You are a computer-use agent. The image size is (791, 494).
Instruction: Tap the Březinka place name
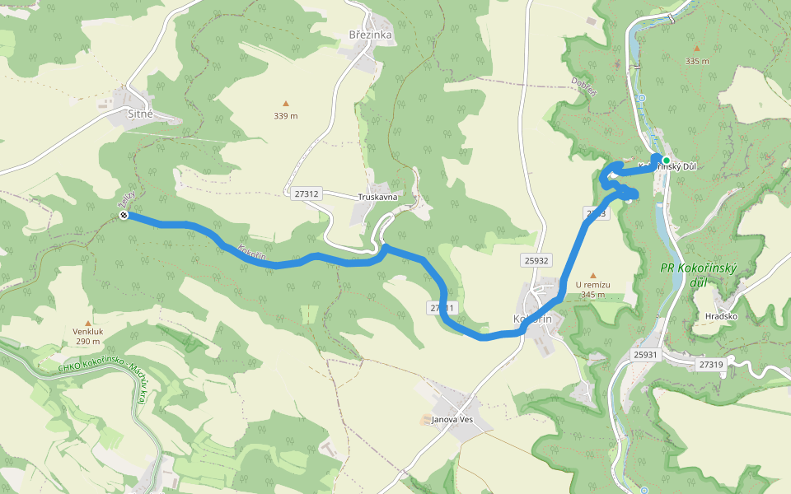point(369,35)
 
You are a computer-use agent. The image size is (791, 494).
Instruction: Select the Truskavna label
point(378,198)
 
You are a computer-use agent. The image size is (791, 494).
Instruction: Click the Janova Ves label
point(452,420)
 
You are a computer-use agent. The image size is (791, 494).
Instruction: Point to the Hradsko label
point(721,316)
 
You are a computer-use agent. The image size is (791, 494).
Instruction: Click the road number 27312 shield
point(305,193)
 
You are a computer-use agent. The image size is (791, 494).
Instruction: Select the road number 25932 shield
point(536,260)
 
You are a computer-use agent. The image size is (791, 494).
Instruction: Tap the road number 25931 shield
point(647,354)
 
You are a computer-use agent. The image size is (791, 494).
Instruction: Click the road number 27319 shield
point(710,363)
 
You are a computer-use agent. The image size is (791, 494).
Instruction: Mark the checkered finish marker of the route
point(124,216)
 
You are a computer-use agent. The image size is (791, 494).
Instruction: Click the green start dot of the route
point(666,161)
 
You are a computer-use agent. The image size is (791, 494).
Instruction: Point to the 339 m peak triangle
point(286,104)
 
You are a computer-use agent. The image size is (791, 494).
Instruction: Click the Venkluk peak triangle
point(88,324)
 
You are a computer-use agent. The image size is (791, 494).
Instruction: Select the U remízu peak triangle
point(592,275)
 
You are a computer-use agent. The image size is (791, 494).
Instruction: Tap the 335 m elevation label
point(697,60)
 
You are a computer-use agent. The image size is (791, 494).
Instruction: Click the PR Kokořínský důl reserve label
point(698,275)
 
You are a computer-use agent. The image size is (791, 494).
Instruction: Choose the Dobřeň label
point(583,86)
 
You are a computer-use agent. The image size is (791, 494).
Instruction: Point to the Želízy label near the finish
point(126,199)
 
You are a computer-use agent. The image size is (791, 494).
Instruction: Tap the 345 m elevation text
point(592,295)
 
